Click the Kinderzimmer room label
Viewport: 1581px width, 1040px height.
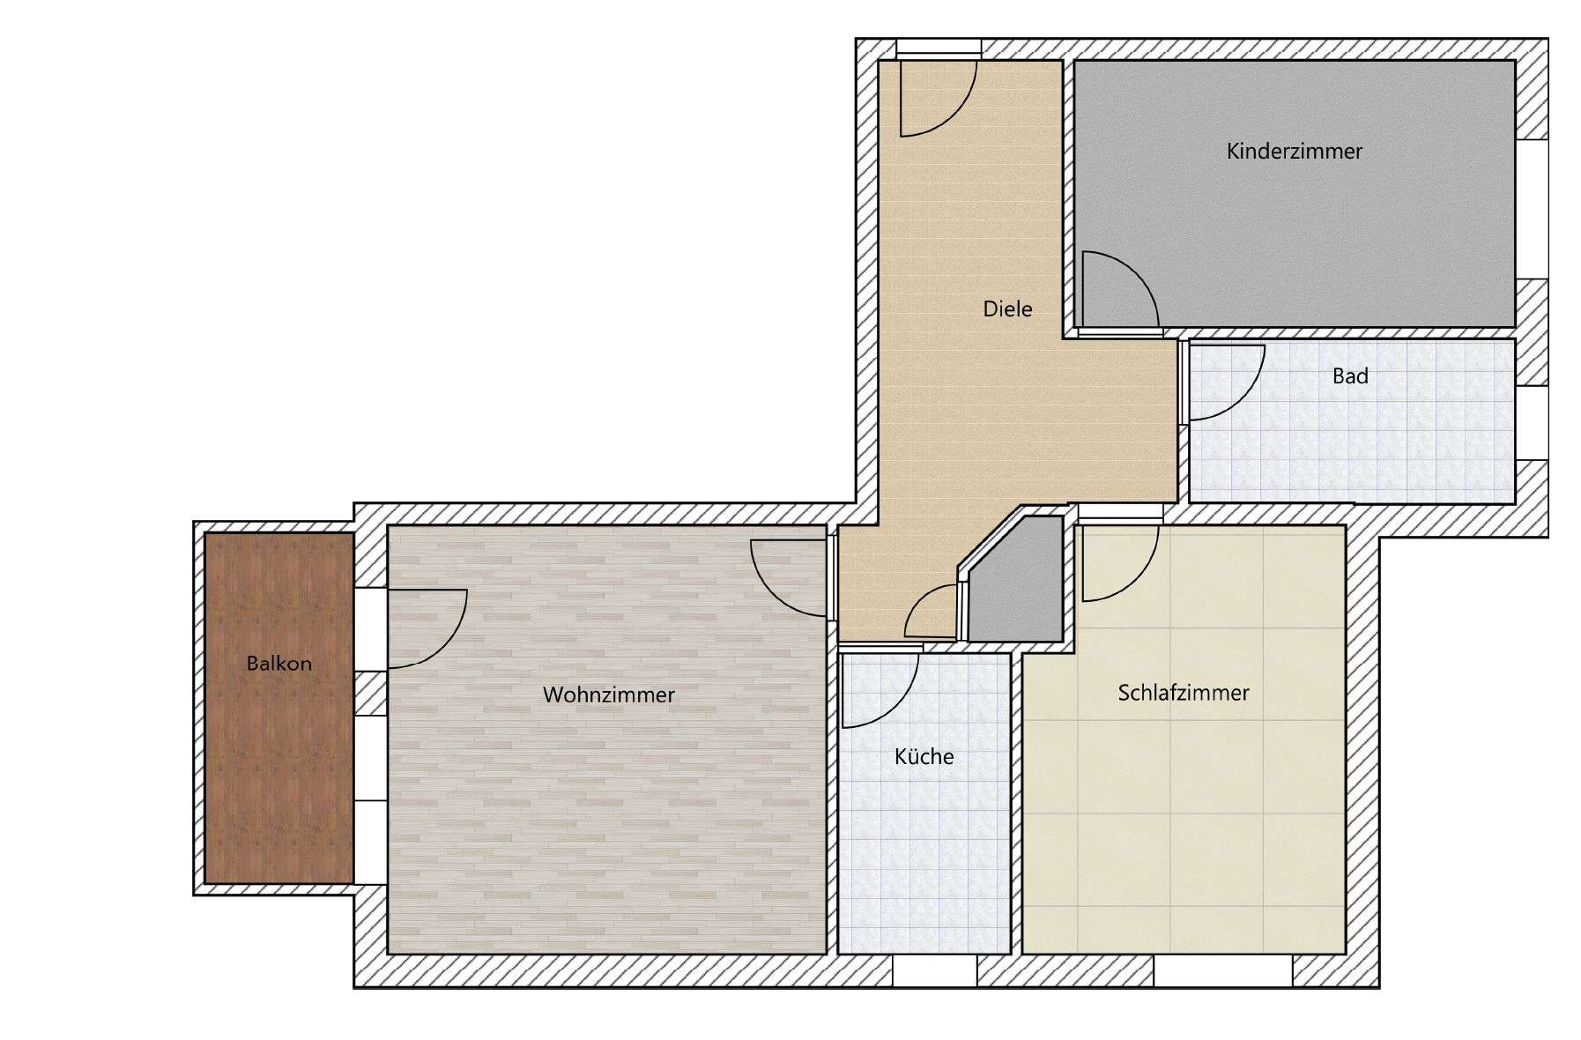(x=1294, y=152)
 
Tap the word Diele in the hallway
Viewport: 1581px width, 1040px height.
(x=1007, y=309)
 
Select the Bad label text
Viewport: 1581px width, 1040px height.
(x=1350, y=376)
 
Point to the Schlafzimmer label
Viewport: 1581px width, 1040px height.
(x=1184, y=693)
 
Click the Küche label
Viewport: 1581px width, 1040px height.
(x=924, y=756)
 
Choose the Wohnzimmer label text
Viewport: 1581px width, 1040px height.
(x=609, y=695)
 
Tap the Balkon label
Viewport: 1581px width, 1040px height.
(x=278, y=664)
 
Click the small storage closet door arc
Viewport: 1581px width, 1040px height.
(x=918, y=599)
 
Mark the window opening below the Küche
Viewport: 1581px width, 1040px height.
(x=935, y=971)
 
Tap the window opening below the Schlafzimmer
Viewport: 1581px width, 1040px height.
(x=1222, y=971)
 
